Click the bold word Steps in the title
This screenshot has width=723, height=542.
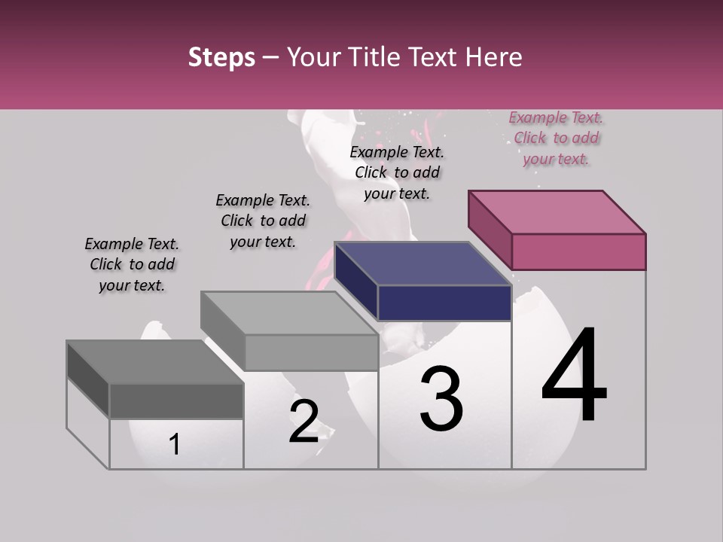coord(221,57)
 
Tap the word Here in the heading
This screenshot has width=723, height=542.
coord(494,57)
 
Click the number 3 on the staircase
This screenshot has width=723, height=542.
coord(441,398)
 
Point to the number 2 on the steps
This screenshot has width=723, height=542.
coord(304,422)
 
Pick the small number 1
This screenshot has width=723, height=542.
coord(175,445)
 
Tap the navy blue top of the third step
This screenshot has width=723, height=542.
coord(422,263)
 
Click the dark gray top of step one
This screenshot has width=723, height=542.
coord(154,362)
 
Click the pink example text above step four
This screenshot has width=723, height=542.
coord(556,139)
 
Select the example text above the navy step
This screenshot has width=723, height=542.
coord(397,172)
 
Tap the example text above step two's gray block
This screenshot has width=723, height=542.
coord(263,221)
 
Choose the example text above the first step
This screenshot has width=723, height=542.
coord(132,264)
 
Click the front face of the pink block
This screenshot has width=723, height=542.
coord(578,251)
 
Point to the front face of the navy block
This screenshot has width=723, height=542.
coord(444,303)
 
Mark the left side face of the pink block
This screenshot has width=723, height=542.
coord(490,230)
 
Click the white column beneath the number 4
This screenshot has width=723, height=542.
coord(578,444)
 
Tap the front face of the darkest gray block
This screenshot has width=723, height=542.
coord(176,400)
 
